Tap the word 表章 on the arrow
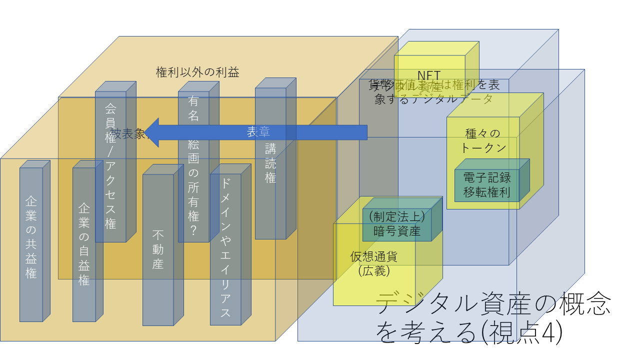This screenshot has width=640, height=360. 258,132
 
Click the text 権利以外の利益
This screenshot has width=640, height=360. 197,72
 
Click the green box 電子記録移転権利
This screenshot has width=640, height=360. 486,185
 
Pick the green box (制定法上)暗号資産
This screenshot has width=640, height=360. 396,223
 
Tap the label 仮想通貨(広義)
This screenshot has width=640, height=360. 374,263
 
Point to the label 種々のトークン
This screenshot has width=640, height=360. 483,140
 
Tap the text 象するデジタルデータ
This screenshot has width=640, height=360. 433,98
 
